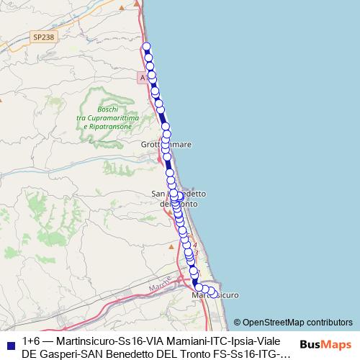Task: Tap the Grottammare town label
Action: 166,145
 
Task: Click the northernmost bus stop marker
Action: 147,47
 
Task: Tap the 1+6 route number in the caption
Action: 31,340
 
